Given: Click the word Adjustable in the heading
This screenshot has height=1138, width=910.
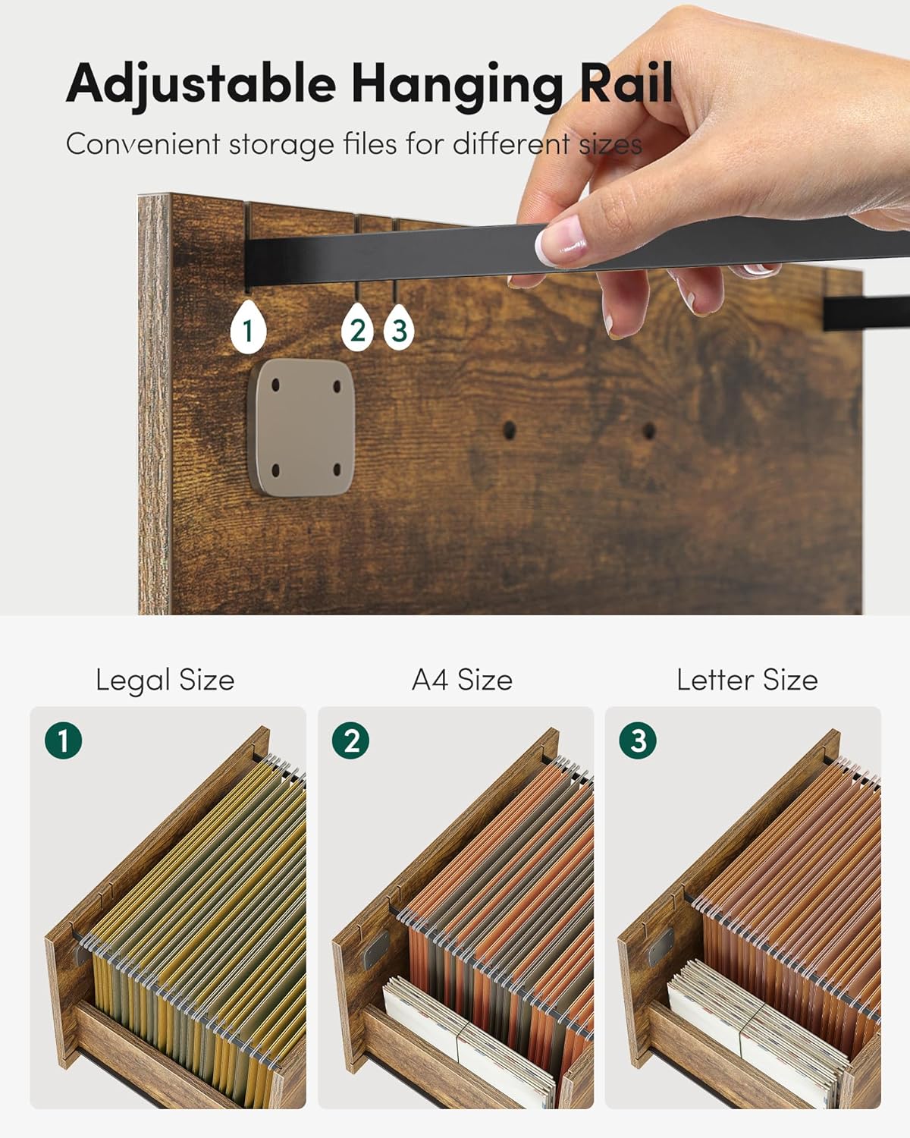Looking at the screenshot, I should pos(201,83).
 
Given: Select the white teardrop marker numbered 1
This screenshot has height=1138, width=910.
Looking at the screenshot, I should pos(248,328).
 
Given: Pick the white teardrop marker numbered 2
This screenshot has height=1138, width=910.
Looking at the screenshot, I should pos(357,328).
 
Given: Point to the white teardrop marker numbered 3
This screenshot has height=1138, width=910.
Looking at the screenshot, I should pos(399,328).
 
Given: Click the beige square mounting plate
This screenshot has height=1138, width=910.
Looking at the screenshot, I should pos(303,427).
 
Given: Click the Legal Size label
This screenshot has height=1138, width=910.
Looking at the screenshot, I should pos(165,680).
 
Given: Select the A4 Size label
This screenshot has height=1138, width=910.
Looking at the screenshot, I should pos(462,680).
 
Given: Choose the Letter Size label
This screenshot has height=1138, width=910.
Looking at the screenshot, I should pos(747,680).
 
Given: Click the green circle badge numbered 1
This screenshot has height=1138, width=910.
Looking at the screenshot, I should pos(64,740).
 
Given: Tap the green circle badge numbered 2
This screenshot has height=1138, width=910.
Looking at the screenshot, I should pos(351,740).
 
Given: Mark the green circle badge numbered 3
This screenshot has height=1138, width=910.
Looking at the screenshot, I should pos(639,740).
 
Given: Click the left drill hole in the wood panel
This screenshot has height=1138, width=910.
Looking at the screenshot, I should pos(510,430).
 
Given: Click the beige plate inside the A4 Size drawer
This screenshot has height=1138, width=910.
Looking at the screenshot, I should pos(375,949).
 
